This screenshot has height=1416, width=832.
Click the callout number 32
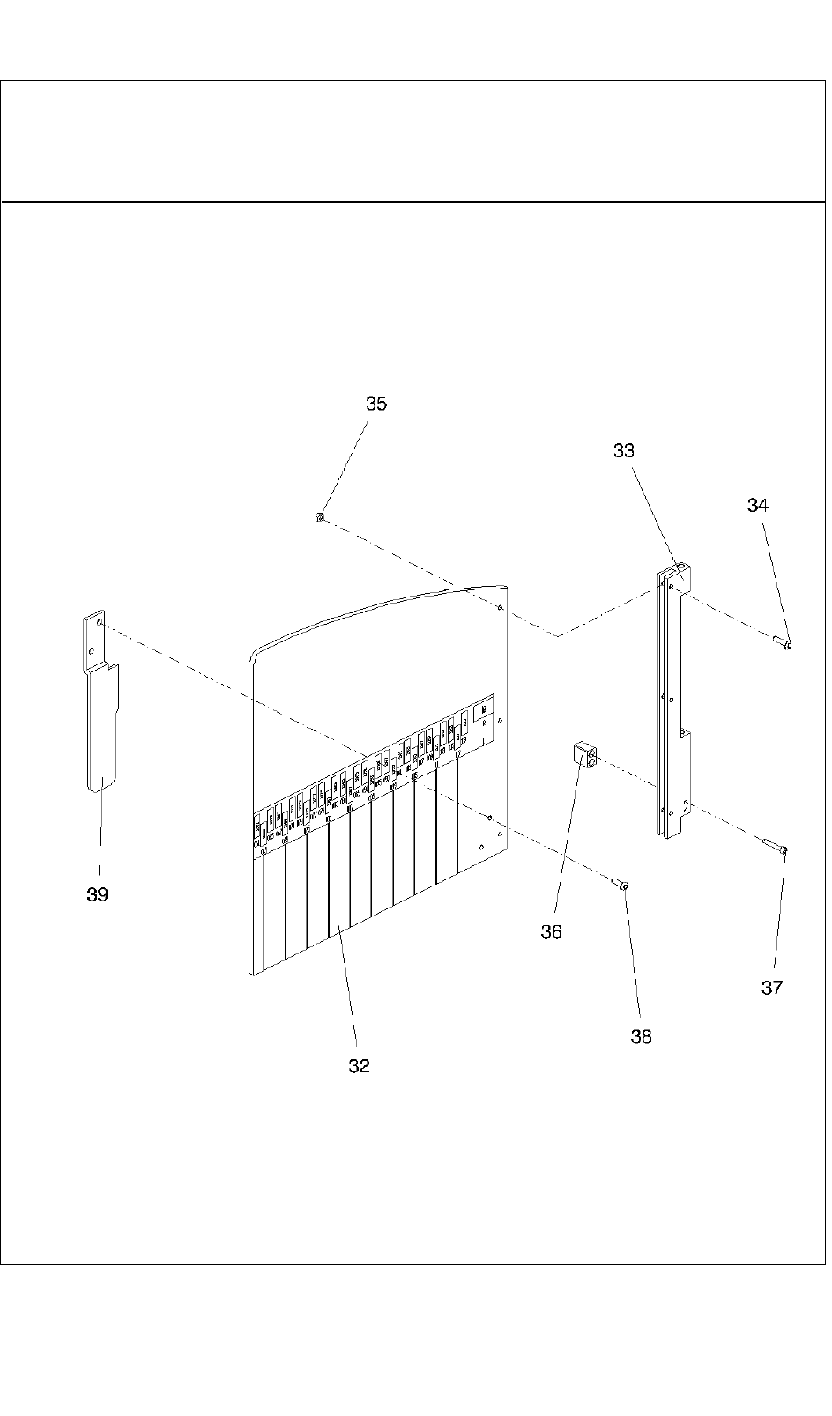click(x=359, y=1066)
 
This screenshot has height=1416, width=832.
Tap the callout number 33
click(x=624, y=450)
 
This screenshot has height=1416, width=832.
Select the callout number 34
click(x=758, y=505)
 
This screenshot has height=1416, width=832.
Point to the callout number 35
click(x=376, y=404)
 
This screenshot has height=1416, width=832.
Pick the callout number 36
click(x=551, y=932)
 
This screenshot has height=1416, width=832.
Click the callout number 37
click(x=772, y=988)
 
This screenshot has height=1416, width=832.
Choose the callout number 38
click(x=642, y=1037)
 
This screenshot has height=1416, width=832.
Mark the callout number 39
click(x=98, y=894)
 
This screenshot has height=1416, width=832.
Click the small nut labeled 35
click(x=319, y=517)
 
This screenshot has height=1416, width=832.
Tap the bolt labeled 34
click(x=782, y=642)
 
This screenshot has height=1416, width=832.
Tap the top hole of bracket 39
click(x=100, y=622)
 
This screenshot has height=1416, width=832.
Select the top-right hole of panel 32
click(x=500, y=607)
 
